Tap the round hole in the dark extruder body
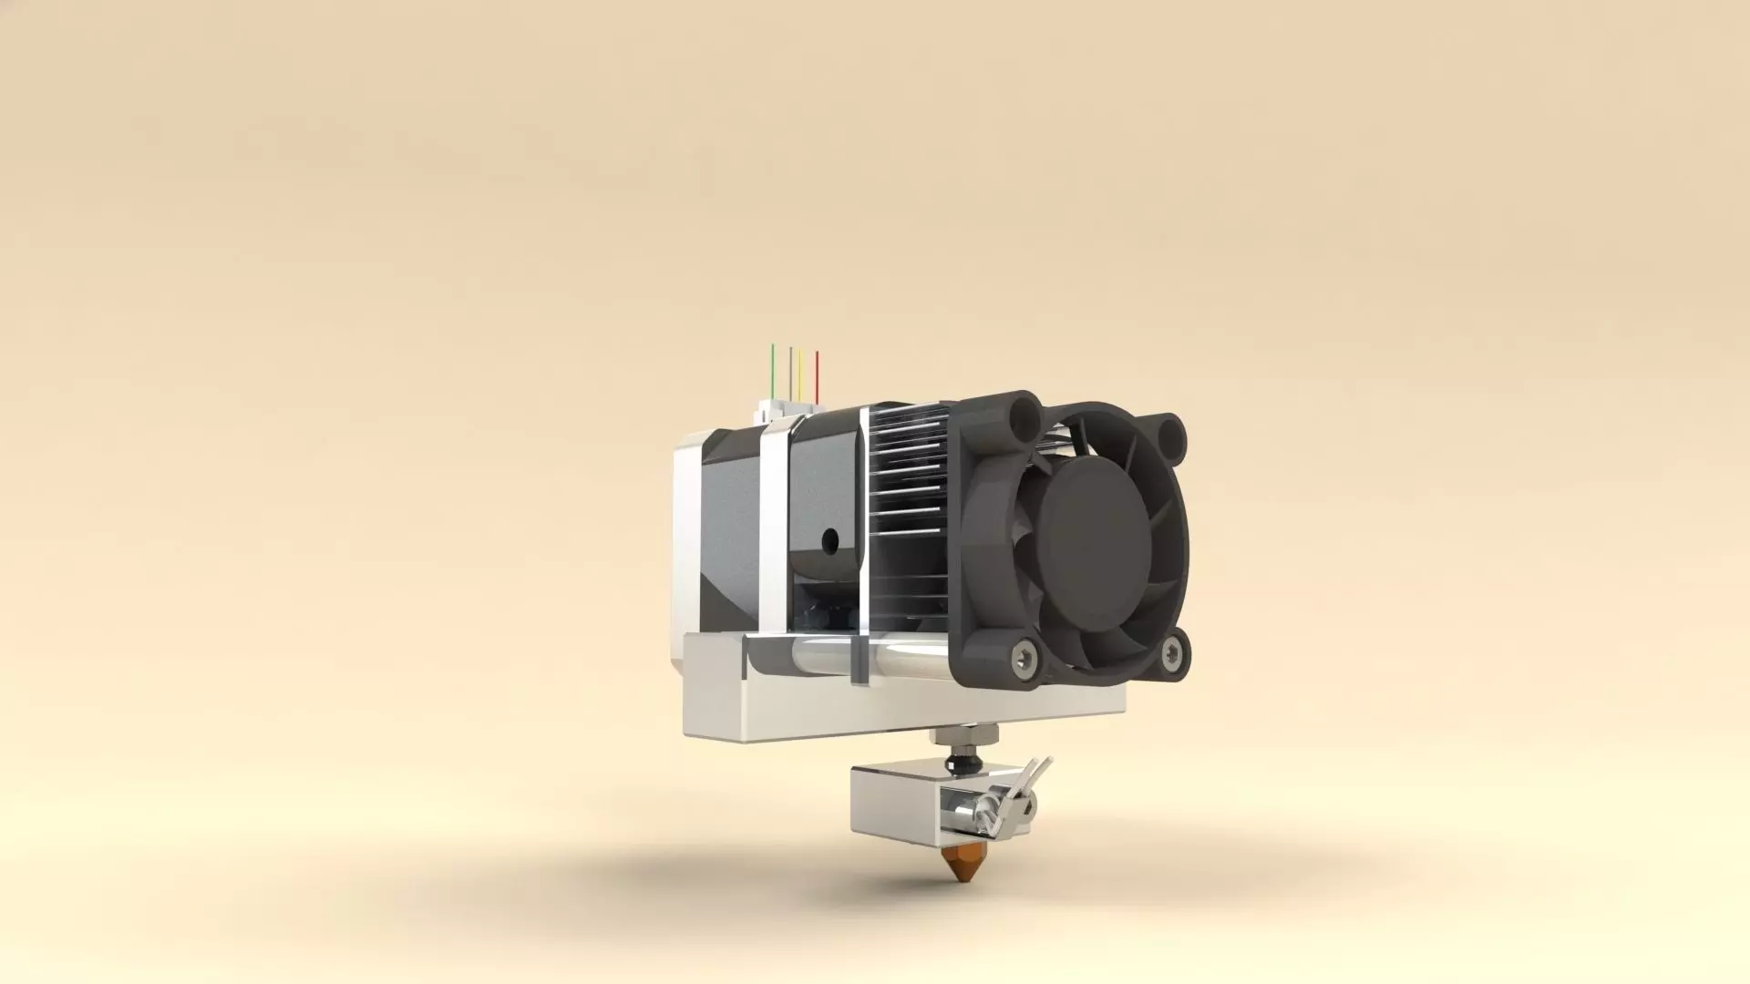click(x=829, y=540)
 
